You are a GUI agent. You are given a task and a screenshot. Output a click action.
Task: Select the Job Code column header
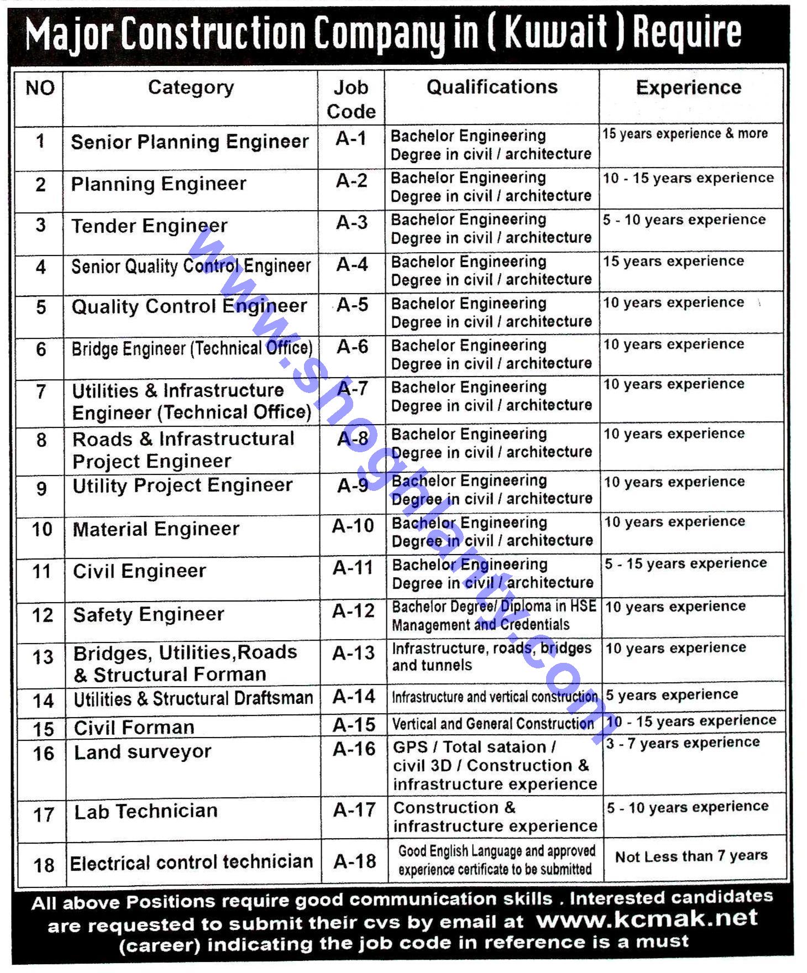(351, 99)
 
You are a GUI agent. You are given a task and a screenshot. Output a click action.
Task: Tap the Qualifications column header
(491, 87)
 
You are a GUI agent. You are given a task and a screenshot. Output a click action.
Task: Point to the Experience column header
(688, 87)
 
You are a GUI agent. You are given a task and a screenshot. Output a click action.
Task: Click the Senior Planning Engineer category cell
(190, 142)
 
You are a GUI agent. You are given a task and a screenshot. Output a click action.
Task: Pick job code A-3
(352, 223)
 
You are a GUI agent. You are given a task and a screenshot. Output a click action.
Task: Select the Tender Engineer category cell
(149, 226)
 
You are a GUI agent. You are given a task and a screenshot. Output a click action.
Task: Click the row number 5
(41, 307)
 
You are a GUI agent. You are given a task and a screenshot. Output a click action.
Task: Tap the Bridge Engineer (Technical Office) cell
(192, 349)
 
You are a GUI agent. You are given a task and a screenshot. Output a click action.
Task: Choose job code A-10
(353, 526)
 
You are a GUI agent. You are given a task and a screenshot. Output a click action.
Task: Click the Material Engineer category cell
(156, 529)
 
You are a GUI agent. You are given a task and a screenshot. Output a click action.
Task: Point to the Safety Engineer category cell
(149, 614)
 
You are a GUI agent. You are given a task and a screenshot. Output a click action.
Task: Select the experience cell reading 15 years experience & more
(685, 134)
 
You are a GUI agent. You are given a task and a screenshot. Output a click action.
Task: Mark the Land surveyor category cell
(143, 752)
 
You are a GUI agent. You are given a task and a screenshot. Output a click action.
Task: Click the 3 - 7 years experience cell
(683, 743)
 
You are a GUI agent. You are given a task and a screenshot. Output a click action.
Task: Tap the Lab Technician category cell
(146, 811)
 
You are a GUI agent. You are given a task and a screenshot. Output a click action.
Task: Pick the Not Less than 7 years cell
(691, 856)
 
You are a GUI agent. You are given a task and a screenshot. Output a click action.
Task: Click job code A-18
(354, 861)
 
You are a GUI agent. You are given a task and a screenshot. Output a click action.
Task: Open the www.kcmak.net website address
(647, 918)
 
